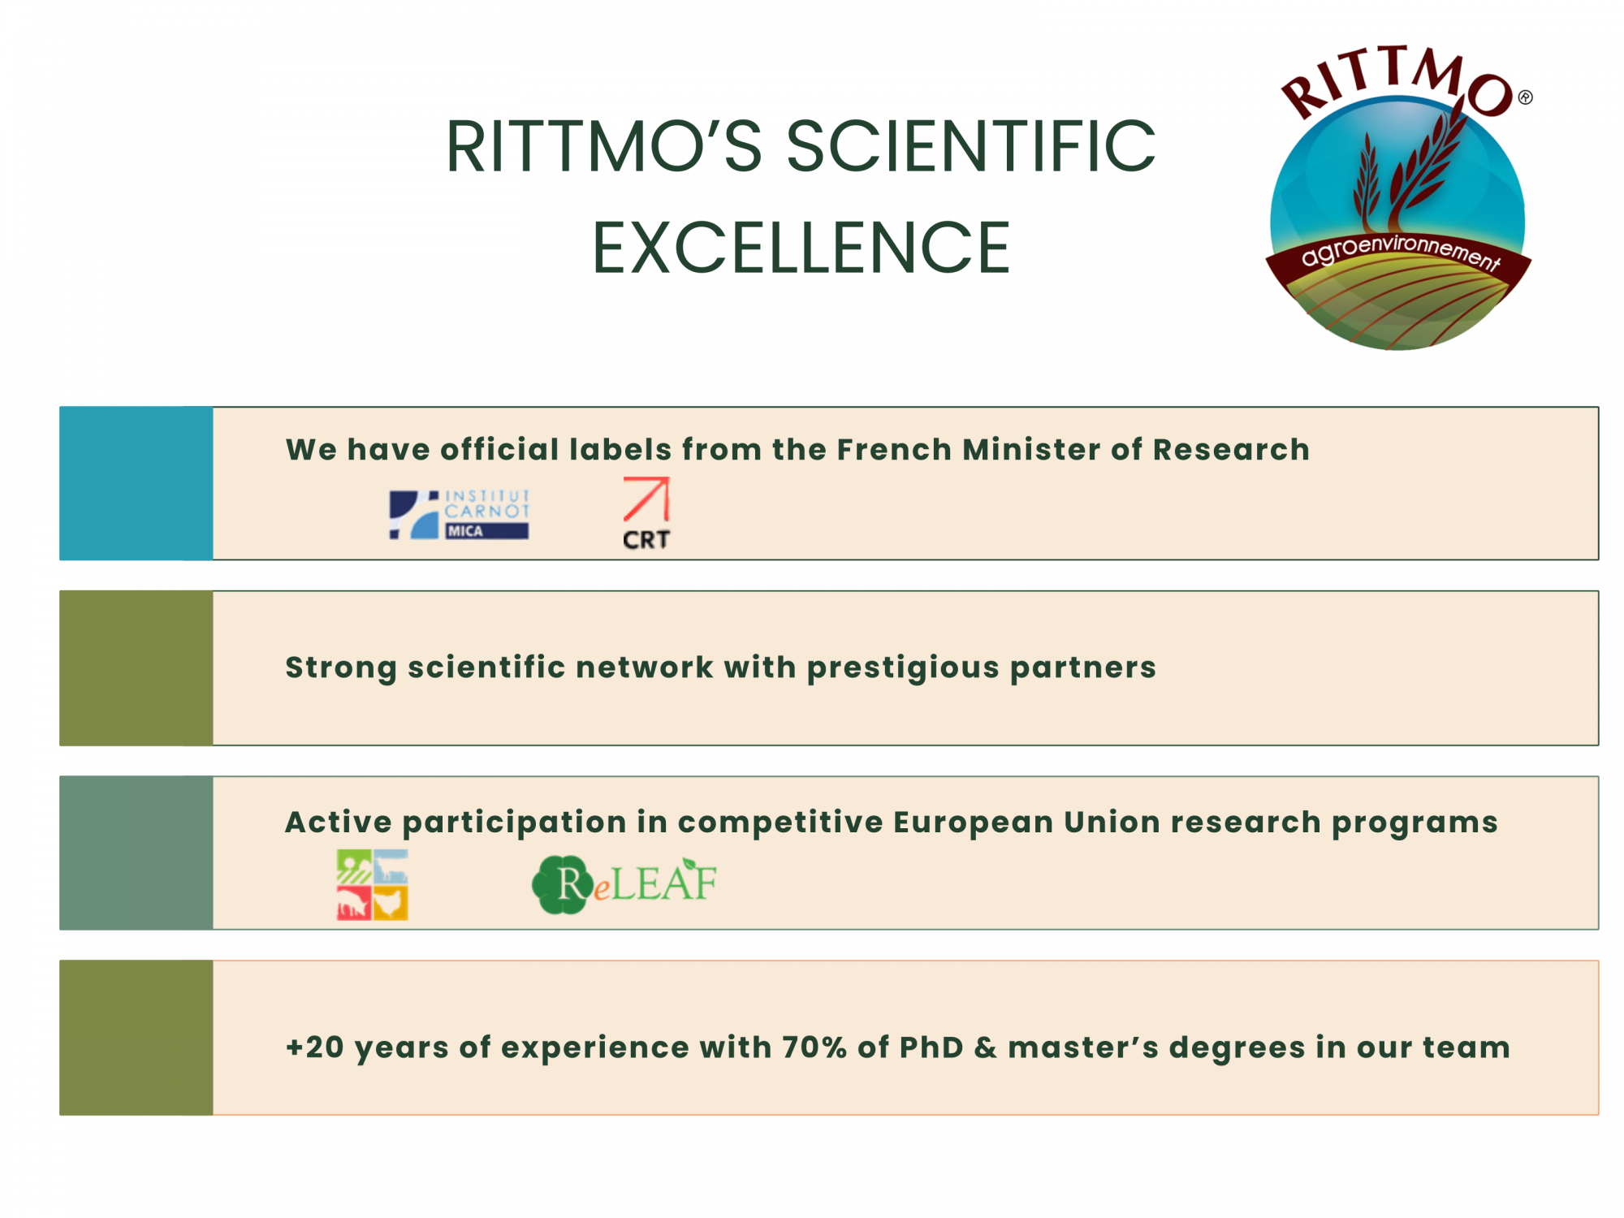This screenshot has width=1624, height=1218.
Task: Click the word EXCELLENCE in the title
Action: (801, 248)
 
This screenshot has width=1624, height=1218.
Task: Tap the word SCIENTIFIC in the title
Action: (971, 147)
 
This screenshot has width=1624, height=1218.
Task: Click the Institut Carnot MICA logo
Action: (460, 514)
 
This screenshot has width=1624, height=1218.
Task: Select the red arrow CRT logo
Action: (646, 514)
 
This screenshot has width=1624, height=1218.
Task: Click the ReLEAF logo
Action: (624, 884)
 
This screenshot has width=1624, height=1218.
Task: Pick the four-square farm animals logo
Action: (373, 884)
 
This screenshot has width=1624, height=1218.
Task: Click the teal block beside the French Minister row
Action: (136, 483)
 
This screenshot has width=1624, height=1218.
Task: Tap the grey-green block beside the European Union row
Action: (136, 853)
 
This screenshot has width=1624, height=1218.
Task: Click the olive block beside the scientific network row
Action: (136, 667)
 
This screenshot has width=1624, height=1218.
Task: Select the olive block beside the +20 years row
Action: (136, 1038)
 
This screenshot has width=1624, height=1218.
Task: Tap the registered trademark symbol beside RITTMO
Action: (1526, 97)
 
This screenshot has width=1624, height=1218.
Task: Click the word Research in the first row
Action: (1231, 450)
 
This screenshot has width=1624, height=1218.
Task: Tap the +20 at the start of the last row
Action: (315, 1047)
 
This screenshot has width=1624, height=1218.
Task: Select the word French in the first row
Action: (894, 450)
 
